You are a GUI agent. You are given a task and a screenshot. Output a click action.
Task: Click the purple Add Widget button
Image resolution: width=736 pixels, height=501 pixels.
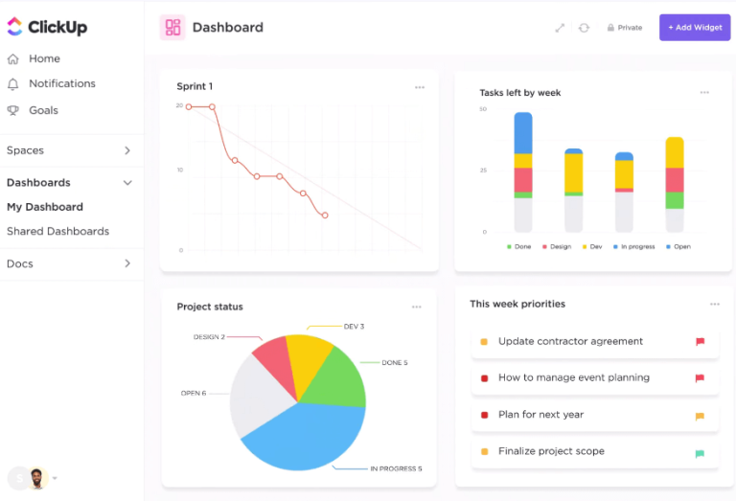[695, 28]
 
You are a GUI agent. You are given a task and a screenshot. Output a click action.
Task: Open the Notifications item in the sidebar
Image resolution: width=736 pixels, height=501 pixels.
[61, 84]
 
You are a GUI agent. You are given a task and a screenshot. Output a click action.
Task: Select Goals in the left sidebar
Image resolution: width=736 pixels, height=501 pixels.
[43, 111]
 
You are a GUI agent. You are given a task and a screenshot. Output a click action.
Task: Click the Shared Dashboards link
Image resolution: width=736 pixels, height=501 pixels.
[57, 232]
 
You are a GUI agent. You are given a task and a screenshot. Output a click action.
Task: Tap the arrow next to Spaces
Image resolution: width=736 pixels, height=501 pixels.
[127, 150]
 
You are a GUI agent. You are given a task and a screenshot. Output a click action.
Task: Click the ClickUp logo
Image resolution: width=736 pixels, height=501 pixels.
[47, 28]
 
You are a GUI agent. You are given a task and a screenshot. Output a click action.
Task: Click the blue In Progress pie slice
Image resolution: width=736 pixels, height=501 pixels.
[307, 436]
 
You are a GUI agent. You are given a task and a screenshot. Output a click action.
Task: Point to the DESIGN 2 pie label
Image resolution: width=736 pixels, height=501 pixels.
[209, 337]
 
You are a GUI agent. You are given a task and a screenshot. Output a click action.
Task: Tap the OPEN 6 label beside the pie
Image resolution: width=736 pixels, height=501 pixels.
[193, 394]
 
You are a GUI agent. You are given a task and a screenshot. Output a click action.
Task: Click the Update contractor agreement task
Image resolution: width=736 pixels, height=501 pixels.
[570, 342]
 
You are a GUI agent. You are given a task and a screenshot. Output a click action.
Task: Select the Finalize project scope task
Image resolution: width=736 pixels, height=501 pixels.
[551, 452]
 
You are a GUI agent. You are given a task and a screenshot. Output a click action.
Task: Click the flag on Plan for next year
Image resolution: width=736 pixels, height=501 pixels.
[700, 417]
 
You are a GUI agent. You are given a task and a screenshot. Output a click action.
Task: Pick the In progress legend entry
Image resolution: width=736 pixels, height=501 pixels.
[636, 247]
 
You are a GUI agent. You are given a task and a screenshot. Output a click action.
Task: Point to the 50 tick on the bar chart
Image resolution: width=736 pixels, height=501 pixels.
[483, 109]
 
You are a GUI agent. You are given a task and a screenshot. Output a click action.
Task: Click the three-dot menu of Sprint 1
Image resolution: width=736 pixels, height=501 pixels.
[420, 87]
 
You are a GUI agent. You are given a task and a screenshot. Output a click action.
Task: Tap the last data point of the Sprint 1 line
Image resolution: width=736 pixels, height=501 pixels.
[325, 216]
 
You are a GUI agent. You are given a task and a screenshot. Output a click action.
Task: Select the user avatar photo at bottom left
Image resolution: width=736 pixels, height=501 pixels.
[37, 478]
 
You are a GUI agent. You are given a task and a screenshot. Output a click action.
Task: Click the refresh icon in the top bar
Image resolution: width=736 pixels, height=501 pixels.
[584, 28]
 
